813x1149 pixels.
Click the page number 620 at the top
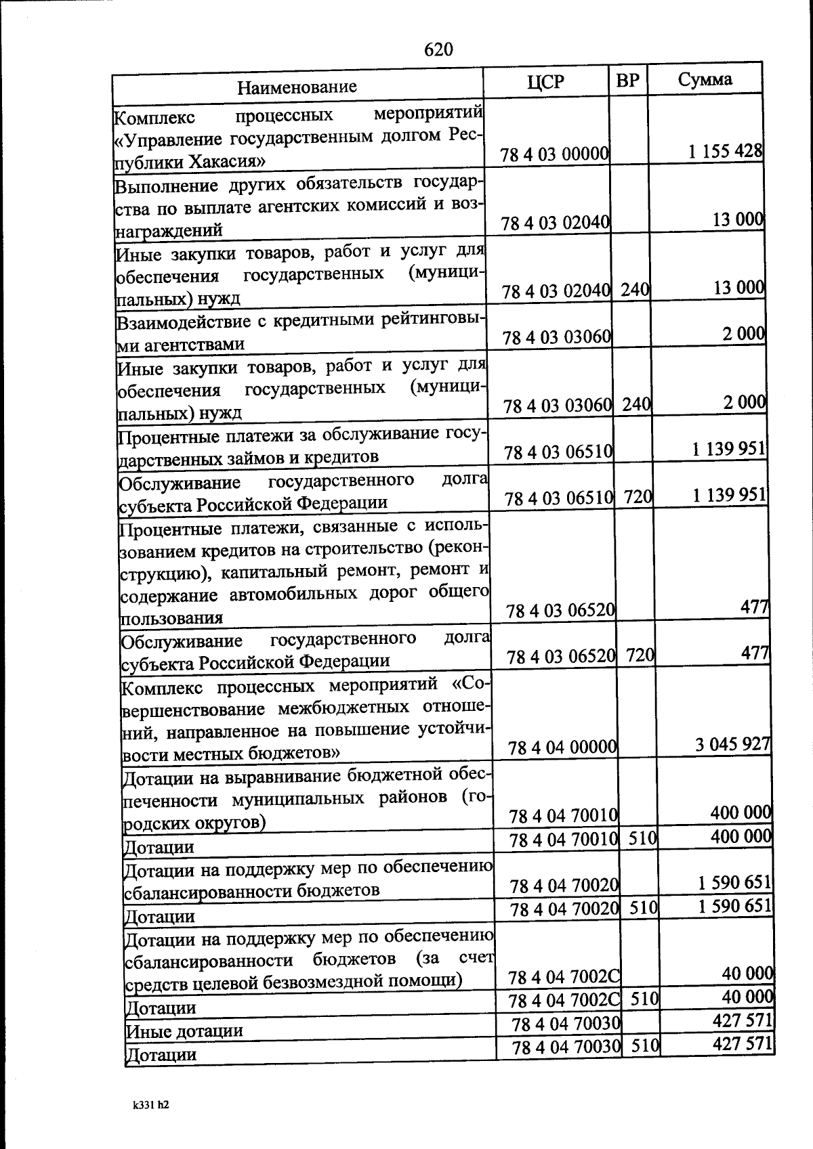(438, 49)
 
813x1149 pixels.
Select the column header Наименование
(297, 87)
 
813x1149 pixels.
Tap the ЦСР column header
(545, 82)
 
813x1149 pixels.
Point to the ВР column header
(628, 81)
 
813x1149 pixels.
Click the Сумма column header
(705, 79)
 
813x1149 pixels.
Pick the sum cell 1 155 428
(726, 151)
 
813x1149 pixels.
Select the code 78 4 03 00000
(554, 154)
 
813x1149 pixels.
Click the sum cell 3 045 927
(732, 744)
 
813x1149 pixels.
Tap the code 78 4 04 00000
(562, 747)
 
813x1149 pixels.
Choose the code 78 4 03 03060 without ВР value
(557, 337)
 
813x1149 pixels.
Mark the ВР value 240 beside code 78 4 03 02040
(635, 290)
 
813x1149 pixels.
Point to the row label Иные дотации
(184, 1031)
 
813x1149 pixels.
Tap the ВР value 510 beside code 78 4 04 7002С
(644, 998)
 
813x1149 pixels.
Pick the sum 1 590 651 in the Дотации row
(734, 906)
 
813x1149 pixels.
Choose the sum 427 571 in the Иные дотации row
(743, 1020)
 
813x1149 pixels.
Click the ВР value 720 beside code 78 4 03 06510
(638, 497)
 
